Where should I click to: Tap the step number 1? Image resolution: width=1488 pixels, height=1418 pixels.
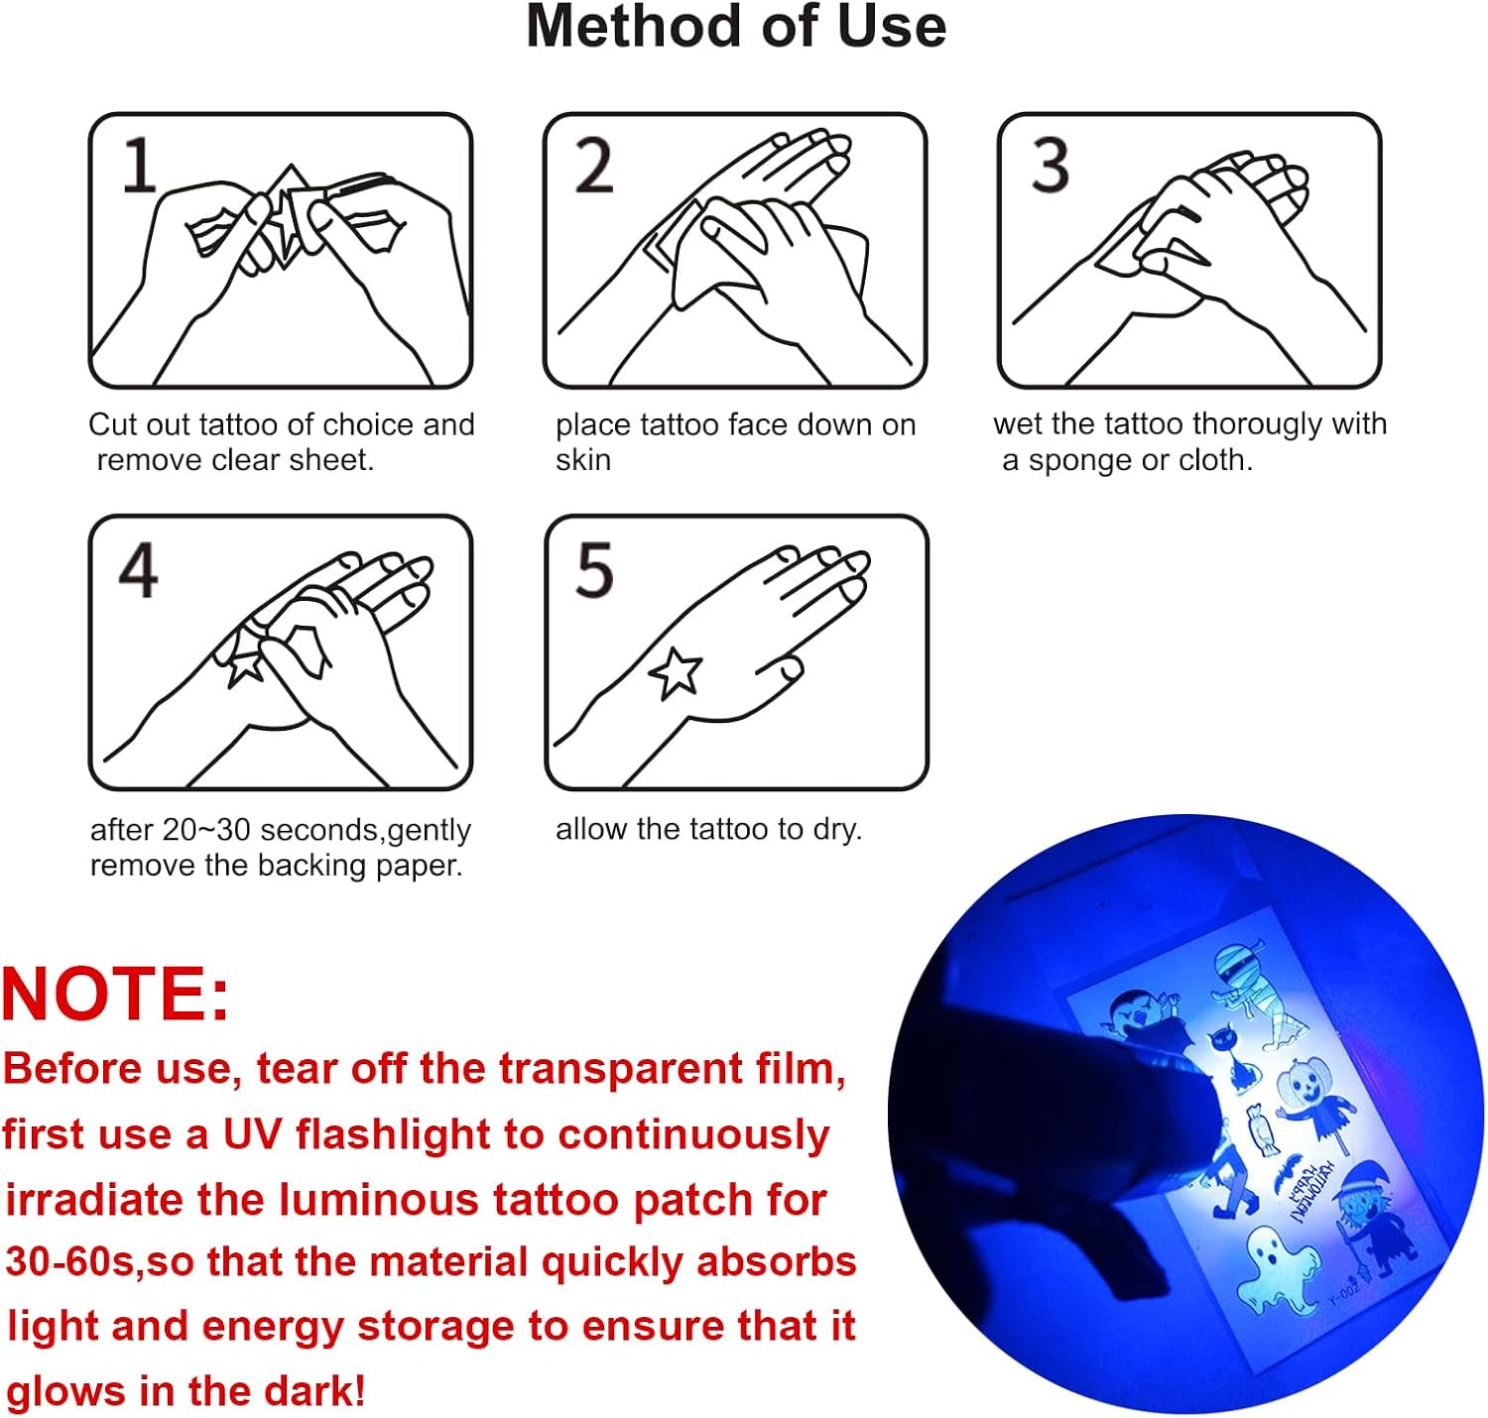(139, 165)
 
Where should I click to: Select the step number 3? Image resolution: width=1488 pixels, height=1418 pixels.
(1050, 165)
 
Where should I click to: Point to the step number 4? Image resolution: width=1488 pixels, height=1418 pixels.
(139, 570)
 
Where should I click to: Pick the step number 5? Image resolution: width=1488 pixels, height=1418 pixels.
(595, 570)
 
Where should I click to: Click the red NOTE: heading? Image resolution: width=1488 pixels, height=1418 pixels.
(115, 994)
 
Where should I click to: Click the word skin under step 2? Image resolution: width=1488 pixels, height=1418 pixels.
(582, 460)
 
